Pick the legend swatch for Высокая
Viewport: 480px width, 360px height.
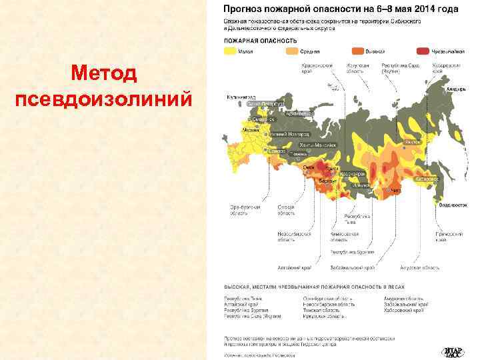click(x=358, y=51)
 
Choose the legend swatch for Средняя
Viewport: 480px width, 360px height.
click(x=292, y=51)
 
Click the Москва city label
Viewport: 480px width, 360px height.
click(x=251, y=129)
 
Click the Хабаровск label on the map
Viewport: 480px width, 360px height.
click(x=427, y=179)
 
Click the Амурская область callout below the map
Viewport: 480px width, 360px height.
click(x=419, y=267)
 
